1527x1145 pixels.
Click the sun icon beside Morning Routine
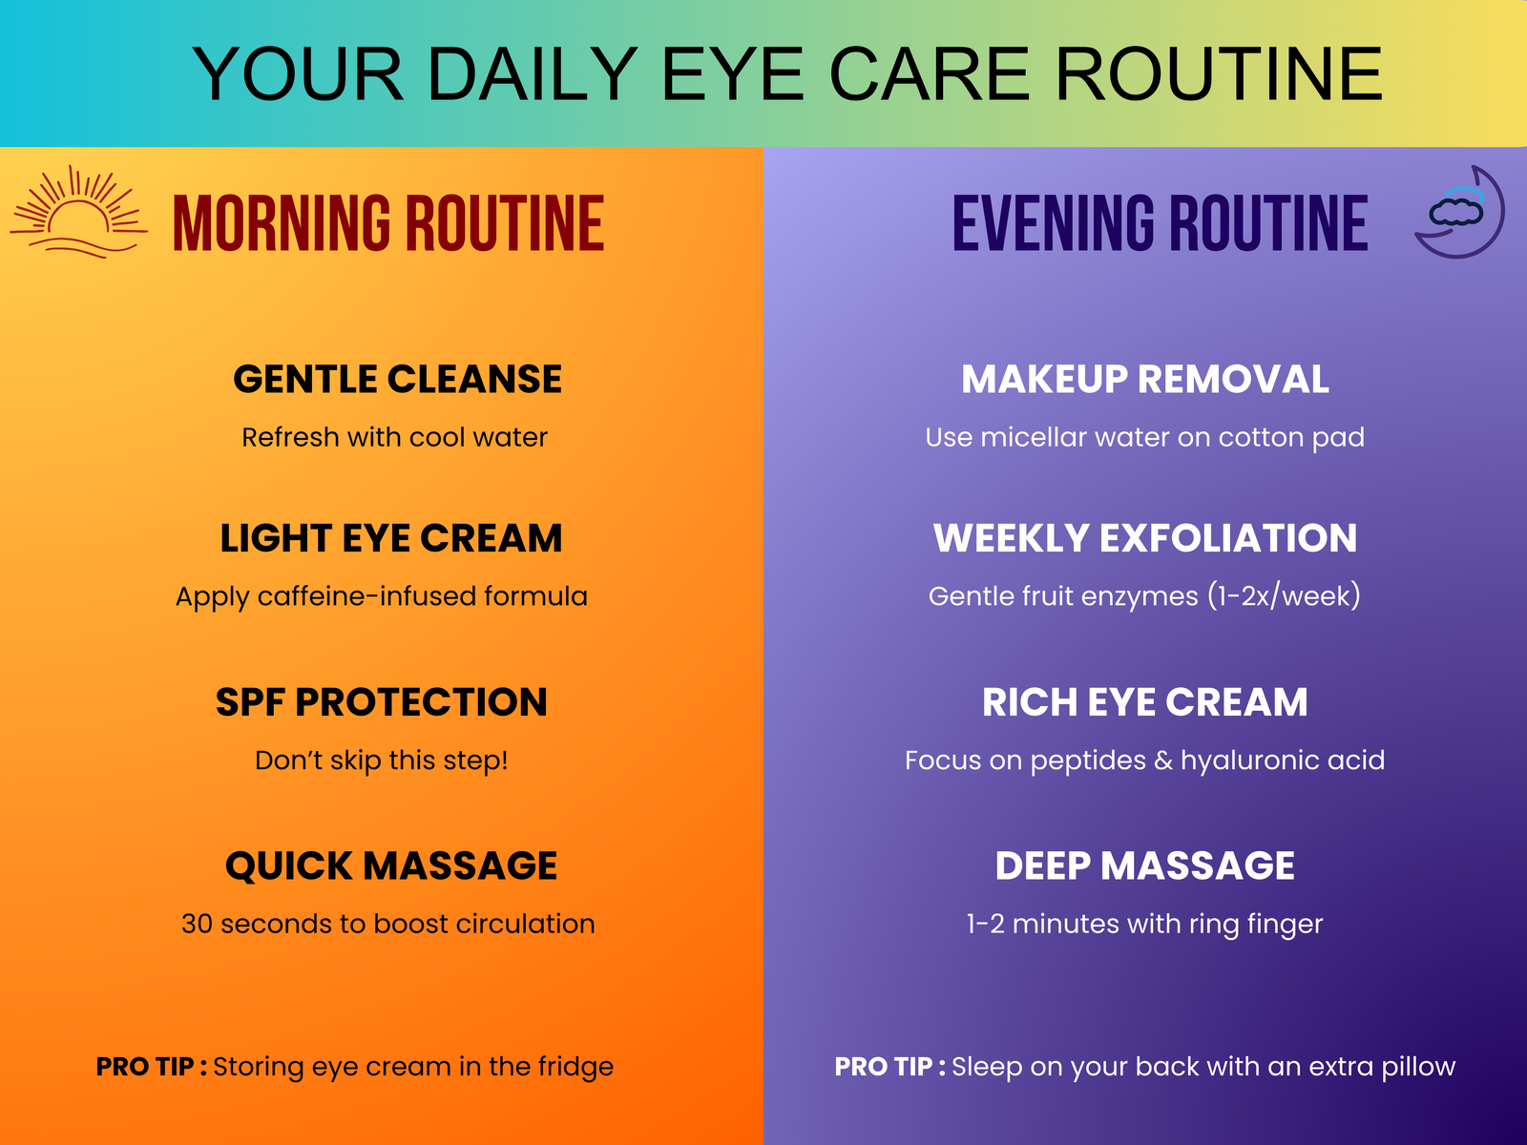[78, 212]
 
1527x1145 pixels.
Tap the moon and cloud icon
[1459, 212]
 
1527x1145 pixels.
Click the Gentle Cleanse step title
[397, 380]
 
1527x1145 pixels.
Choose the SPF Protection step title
[381, 702]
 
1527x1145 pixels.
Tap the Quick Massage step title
[391, 866]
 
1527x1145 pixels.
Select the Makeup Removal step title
[1145, 380]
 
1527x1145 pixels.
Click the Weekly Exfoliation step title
[1145, 538]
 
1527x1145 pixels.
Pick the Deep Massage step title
[1145, 866]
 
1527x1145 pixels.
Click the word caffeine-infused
[366, 596]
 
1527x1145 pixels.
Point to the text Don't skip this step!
[381, 760]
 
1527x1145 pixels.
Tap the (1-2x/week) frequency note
[1284, 596]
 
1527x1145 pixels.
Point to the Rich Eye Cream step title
[1145, 702]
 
